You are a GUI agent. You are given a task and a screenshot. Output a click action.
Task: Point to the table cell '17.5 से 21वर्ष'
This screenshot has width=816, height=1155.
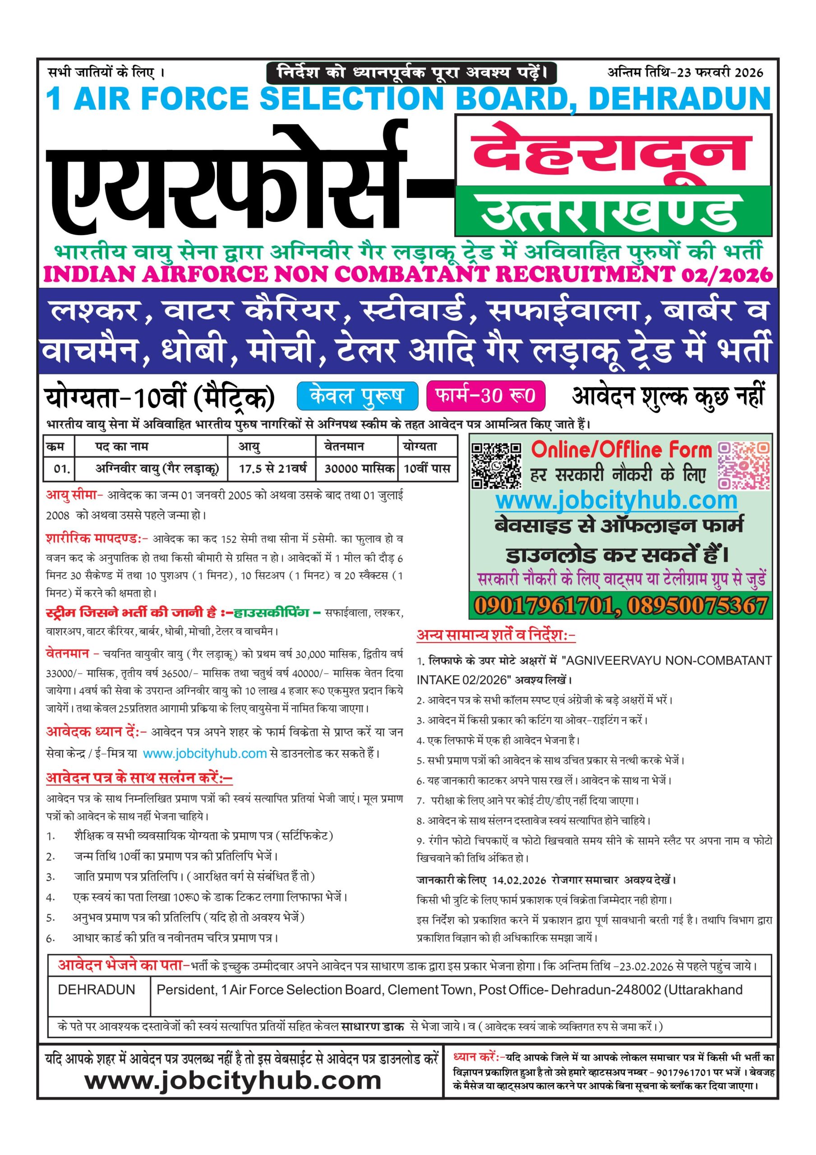[x=272, y=469]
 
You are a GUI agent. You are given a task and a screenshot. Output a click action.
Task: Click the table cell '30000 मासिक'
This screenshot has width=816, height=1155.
[x=359, y=469]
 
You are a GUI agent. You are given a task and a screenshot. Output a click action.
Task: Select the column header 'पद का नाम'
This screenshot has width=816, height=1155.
[x=122, y=446]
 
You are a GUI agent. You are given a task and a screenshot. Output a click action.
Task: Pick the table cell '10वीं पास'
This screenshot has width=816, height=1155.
[x=427, y=469]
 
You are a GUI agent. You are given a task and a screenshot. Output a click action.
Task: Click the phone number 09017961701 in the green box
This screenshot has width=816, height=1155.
[x=545, y=606]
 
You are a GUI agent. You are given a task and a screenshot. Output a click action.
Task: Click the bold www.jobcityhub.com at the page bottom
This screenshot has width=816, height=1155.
[x=233, y=1081]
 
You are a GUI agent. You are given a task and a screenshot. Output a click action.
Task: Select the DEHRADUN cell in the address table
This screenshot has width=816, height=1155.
[x=97, y=990]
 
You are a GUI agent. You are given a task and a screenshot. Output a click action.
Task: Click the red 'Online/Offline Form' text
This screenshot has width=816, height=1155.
[x=621, y=449]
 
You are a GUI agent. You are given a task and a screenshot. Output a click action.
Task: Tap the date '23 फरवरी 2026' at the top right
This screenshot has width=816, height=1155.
[x=720, y=73]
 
